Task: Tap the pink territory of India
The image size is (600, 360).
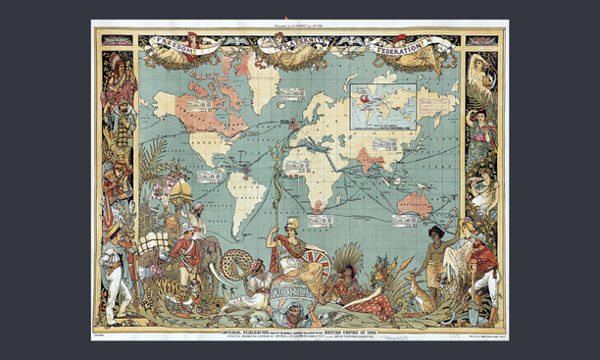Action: click(x=367, y=156)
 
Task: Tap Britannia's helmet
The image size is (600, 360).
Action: click(x=290, y=226)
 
